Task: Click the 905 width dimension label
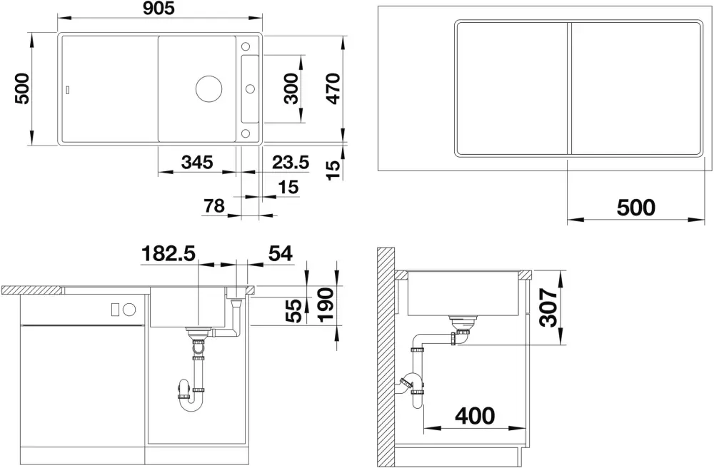(x=159, y=8)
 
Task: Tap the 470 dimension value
(x=333, y=88)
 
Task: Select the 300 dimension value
(x=292, y=88)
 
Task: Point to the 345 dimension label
(x=197, y=162)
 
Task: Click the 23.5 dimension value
(x=291, y=162)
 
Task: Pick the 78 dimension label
(x=214, y=205)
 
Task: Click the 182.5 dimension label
(x=169, y=253)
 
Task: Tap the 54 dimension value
(x=280, y=253)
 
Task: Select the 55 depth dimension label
(x=296, y=310)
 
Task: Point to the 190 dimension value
(x=326, y=305)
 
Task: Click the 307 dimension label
(x=548, y=307)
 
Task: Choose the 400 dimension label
(x=475, y=416)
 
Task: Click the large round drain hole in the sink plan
(x=209, y=88)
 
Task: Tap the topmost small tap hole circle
(x=246, y=46)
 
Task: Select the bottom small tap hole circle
(x=246, y=133)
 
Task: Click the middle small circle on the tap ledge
(x=250, y=88)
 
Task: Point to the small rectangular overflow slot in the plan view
(x=69, y=89)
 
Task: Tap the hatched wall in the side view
(x=386, y=356)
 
